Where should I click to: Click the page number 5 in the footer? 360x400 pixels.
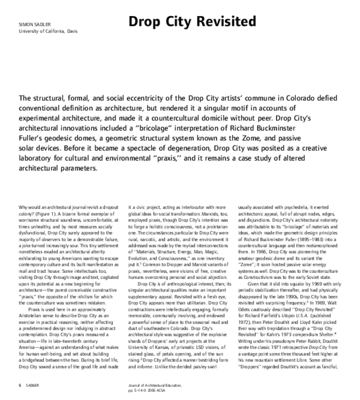20,384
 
